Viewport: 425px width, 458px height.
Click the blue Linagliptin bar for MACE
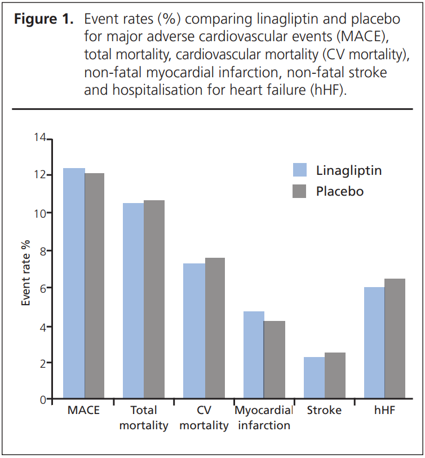74,284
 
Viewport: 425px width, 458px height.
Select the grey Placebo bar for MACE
95,287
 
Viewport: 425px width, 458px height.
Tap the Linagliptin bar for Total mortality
134,301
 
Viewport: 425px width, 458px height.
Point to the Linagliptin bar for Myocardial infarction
254,355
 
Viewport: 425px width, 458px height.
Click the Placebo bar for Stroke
335,376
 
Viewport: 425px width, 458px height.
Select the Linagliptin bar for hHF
374,343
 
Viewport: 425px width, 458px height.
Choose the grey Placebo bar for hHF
395,339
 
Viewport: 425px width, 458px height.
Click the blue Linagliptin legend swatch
300,170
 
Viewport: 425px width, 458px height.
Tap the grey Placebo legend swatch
300,191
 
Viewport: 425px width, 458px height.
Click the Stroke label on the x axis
324,411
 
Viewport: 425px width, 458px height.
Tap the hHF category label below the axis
384,411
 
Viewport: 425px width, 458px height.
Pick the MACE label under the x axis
83,411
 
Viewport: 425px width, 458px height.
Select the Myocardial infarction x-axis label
264,418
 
